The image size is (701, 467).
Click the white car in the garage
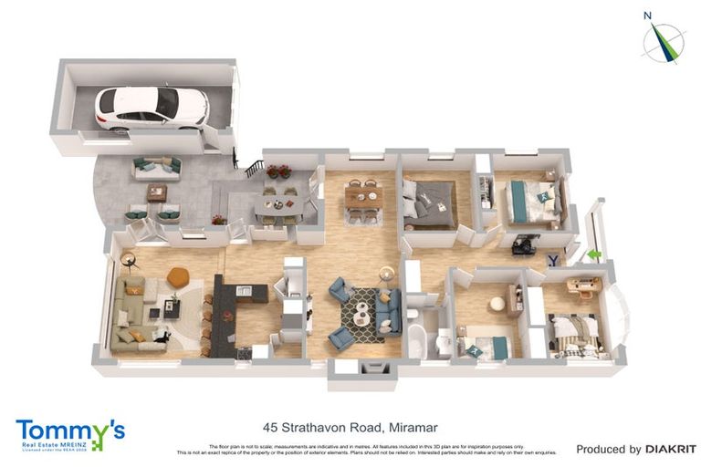click(x=152, y=107)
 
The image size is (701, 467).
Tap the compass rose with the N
click(x=663, y=41)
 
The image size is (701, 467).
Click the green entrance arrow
click(x=593, y=255)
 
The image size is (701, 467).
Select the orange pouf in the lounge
click(x=177, y=275)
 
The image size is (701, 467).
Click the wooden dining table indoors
click(x=362, y=198)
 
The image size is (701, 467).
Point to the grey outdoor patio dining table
click(x=278, y=205)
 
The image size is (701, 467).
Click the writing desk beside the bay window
click(x=583, y=285)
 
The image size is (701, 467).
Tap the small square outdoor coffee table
click(x=157, y=192)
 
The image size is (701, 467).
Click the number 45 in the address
click(x=270, y=426)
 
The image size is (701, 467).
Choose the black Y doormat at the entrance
click(x=553, y=260)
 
